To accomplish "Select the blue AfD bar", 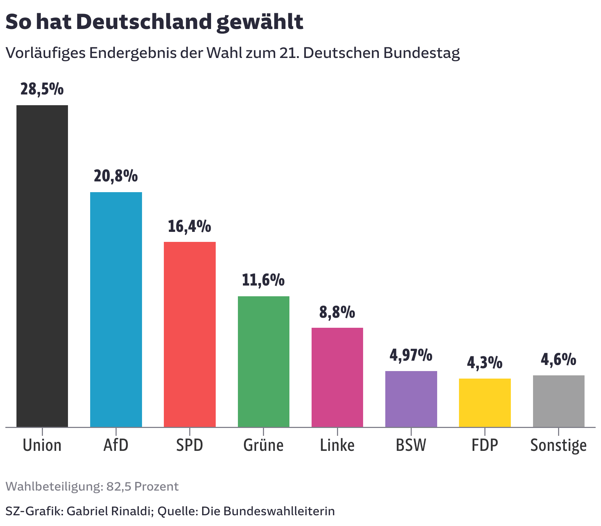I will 116,310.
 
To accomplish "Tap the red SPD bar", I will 190,334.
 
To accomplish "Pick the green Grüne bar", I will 264,361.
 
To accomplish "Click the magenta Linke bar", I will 337,377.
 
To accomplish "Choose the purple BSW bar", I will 411,399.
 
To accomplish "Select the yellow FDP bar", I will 485,403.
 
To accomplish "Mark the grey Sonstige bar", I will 558,401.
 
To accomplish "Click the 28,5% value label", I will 42,89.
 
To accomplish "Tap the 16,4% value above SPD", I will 189,227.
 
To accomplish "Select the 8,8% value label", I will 337,312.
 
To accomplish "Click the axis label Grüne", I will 263,445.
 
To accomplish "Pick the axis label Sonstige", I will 558,445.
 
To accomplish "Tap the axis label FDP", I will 485,445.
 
